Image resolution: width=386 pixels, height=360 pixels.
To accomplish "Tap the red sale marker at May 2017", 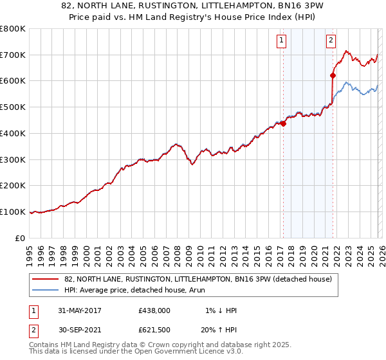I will (x=283, y=123).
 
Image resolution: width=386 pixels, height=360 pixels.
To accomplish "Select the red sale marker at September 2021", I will (x=333, y=75).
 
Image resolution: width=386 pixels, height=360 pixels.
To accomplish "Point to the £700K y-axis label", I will (x=13, y=55).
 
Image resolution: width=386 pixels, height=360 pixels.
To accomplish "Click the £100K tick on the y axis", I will (x=13, y=212).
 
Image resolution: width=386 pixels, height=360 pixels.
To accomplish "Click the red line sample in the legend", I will (x=45, y=279).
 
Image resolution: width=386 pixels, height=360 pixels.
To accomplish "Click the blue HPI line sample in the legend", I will (x=45, y=290).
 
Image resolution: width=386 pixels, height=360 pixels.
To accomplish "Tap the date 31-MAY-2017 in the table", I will (x=75, y=310).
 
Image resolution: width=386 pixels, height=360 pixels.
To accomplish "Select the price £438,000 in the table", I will (x=154, y=310).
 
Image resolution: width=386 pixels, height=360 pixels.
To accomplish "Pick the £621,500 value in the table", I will (x=154, y=330).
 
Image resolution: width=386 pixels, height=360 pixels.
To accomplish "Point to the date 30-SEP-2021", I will (x=75, y=330).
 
